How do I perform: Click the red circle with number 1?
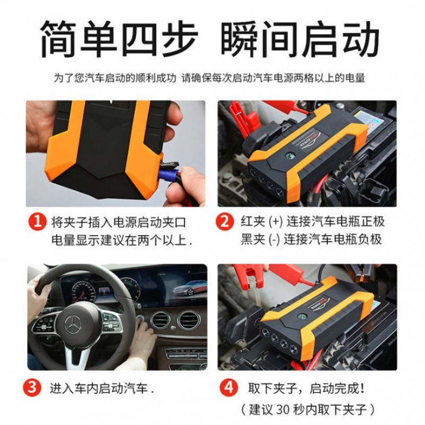coord(37,222)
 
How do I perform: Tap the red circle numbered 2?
coord(225,222)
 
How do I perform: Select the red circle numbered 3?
coord(32,387)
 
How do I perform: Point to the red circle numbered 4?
coord(228,387)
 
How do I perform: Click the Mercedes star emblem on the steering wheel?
coord(73,325)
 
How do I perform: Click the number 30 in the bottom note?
coord(283,410)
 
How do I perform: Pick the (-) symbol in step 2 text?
coord(274,240)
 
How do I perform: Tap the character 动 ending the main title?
coord(361,39)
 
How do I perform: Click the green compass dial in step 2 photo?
coord(288,156)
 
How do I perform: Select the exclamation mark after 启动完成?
coord(362,388)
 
